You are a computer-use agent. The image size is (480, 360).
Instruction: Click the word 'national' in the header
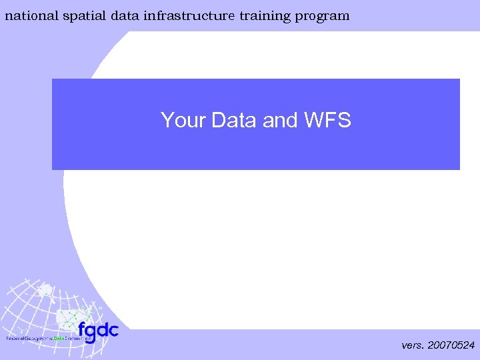click(x=31, y=15)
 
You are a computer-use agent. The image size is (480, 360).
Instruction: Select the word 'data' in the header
click(x=126, y=15)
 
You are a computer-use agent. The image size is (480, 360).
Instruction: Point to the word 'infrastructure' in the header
click(x=189, y=15)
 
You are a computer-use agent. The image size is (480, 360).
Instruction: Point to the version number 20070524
click(x=451, y=345)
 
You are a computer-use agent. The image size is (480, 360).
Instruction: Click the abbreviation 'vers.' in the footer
click(x=413, y=345)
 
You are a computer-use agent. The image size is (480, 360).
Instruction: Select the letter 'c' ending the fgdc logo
click(x=113, y=330)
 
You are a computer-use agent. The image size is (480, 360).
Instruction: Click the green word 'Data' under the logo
click(x=67, y=339)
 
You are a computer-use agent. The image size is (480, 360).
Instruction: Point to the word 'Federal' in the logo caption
click(x=16, y=339)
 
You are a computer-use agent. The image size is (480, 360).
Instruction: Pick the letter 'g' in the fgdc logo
click(x=91, y=332)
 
